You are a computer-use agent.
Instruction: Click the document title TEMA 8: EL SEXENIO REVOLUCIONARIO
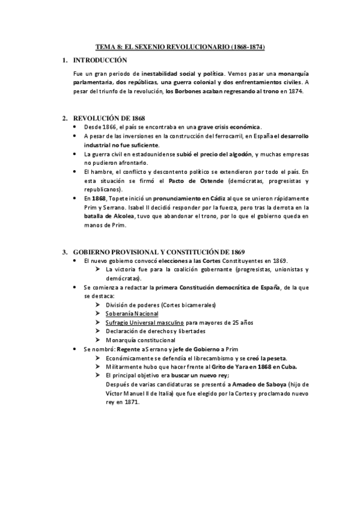[180, 46]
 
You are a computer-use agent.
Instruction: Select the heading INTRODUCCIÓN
[100, 61]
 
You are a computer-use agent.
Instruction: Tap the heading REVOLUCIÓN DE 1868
[108, 118]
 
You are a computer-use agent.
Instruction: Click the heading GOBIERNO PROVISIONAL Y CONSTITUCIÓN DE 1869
[159, 251]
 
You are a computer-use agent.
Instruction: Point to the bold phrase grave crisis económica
[231, 127]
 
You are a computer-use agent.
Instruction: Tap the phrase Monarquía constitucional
[139, 340]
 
